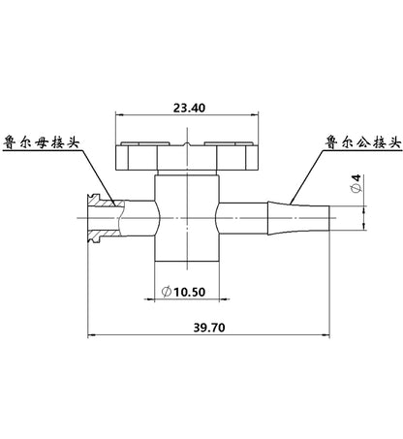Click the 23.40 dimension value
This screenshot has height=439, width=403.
pyautogui.click(x=189, y=108)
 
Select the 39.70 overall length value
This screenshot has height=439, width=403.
pyautogui.click(x=209, y=328)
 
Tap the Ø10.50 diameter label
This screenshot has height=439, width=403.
pyautogui.click(x=183, y=292)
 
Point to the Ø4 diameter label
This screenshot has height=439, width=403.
pyautogui.click(x=356, y=183)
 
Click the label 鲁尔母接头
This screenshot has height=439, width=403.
pyautogui.click(x=42, y=142)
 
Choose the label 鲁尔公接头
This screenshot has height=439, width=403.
pyautogui.click(x=363, y=142)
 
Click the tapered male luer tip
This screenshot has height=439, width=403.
pyautogui.click(x=298, y=218)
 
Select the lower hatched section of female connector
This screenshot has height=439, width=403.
pyautogui.click(x=105, y=235)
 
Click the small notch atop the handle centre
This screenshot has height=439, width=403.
pyautogui.click(x=187, y=144)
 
